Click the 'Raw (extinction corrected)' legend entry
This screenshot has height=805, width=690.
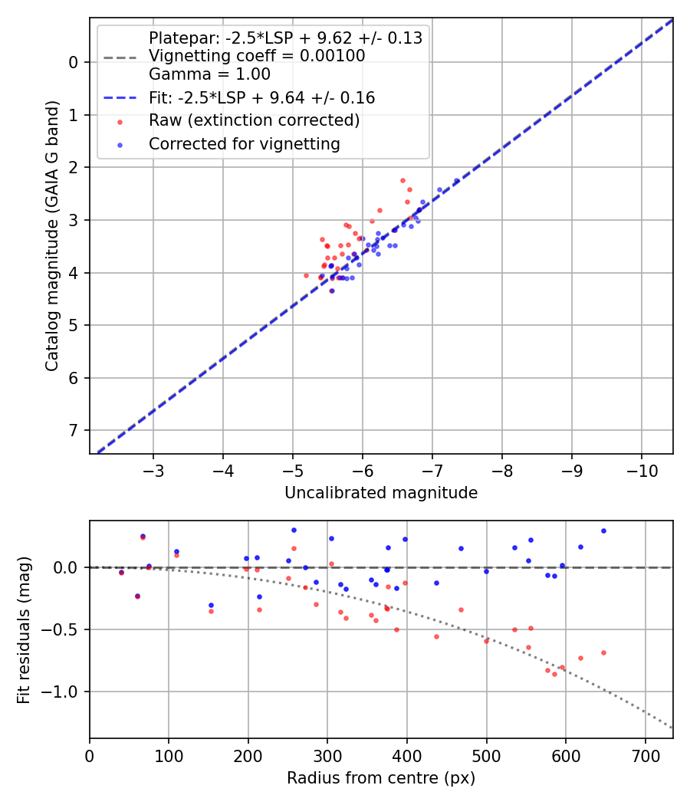[254, 120]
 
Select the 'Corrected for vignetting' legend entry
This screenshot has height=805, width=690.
[245, 143]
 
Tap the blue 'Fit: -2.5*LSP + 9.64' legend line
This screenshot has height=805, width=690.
[120, 98]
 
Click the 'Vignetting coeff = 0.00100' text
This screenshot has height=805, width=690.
[257, 56]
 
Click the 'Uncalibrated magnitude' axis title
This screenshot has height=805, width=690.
[381, 493]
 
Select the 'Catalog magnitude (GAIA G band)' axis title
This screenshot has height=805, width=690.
[52, 235]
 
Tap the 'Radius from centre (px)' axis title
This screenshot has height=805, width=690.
[381, 778]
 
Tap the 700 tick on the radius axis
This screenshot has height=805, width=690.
[645, 754]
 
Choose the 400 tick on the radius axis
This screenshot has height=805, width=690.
[407, 754]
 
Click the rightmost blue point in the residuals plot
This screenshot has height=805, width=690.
[603, 531]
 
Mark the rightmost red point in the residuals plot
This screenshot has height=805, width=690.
[603, 652]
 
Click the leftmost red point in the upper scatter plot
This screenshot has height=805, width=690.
[306, 275]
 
